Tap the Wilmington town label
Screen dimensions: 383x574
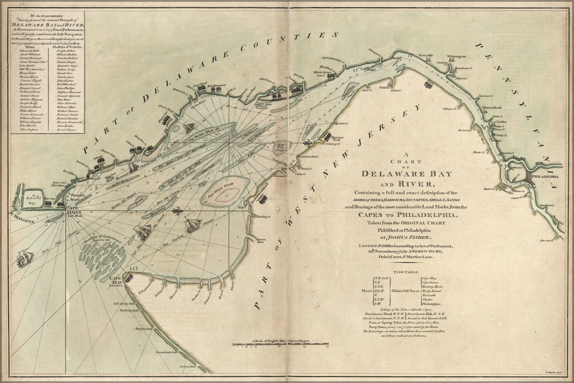coord(455,56)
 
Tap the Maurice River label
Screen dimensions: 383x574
coord(260,241)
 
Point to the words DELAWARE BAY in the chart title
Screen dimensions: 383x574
coord(407,174)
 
